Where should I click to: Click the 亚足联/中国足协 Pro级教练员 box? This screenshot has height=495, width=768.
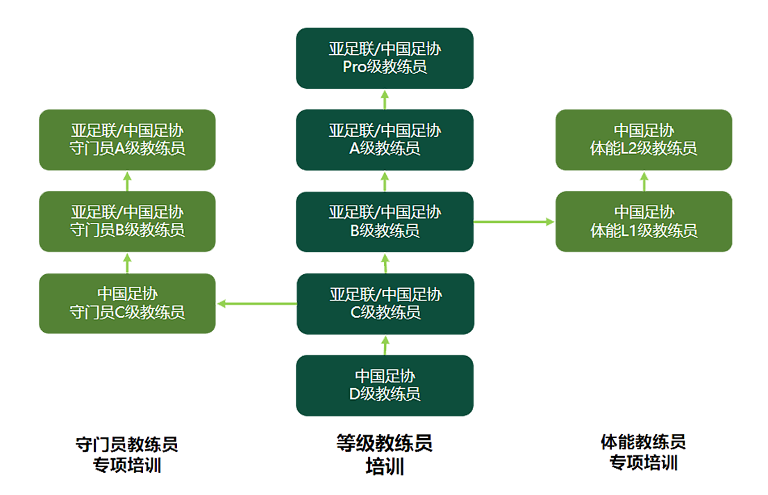tap(385, 58)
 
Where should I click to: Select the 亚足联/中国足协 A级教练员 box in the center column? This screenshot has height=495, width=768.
tap(385, 139)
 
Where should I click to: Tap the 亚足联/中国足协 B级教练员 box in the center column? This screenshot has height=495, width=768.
tap(385, 221)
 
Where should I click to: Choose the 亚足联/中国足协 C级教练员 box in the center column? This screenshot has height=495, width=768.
tap(385, 303)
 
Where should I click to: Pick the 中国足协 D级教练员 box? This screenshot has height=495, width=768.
tap(385, 385)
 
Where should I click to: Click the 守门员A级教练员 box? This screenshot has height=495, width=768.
tap(127, 139)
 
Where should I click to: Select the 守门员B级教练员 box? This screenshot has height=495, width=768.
tap(127, 221)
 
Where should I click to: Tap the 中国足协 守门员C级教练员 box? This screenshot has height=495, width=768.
tap(127, 303)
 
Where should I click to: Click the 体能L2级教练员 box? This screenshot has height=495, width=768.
tap(644, 139)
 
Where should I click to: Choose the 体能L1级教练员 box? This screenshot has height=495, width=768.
tap(644, 221)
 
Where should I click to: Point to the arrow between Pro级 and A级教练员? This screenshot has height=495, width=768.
tap(385, 99)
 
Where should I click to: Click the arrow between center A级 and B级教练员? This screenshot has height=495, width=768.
tap(385, 181)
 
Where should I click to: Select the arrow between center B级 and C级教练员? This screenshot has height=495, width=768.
tap(385, 262)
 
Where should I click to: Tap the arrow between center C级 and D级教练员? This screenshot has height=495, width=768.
tap(385, 344)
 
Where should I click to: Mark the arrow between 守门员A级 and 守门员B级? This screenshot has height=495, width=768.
tap(127, 181)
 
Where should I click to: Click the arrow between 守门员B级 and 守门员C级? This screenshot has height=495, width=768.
tap(127, 262)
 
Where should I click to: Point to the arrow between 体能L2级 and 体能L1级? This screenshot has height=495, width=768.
tap(644, 181)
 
